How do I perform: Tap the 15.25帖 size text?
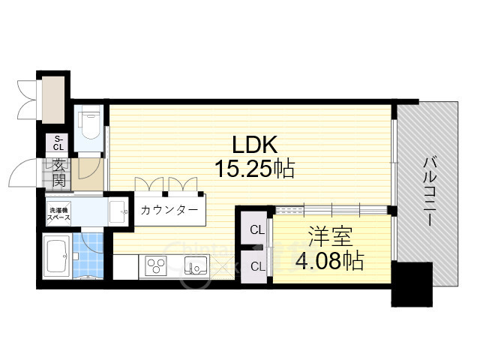254,169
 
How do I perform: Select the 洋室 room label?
331,239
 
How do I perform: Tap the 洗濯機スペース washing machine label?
60,212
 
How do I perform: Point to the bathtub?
58,255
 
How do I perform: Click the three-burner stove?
157,265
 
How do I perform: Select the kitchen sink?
197,265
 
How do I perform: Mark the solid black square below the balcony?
412,283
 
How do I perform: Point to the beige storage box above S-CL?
54,98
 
